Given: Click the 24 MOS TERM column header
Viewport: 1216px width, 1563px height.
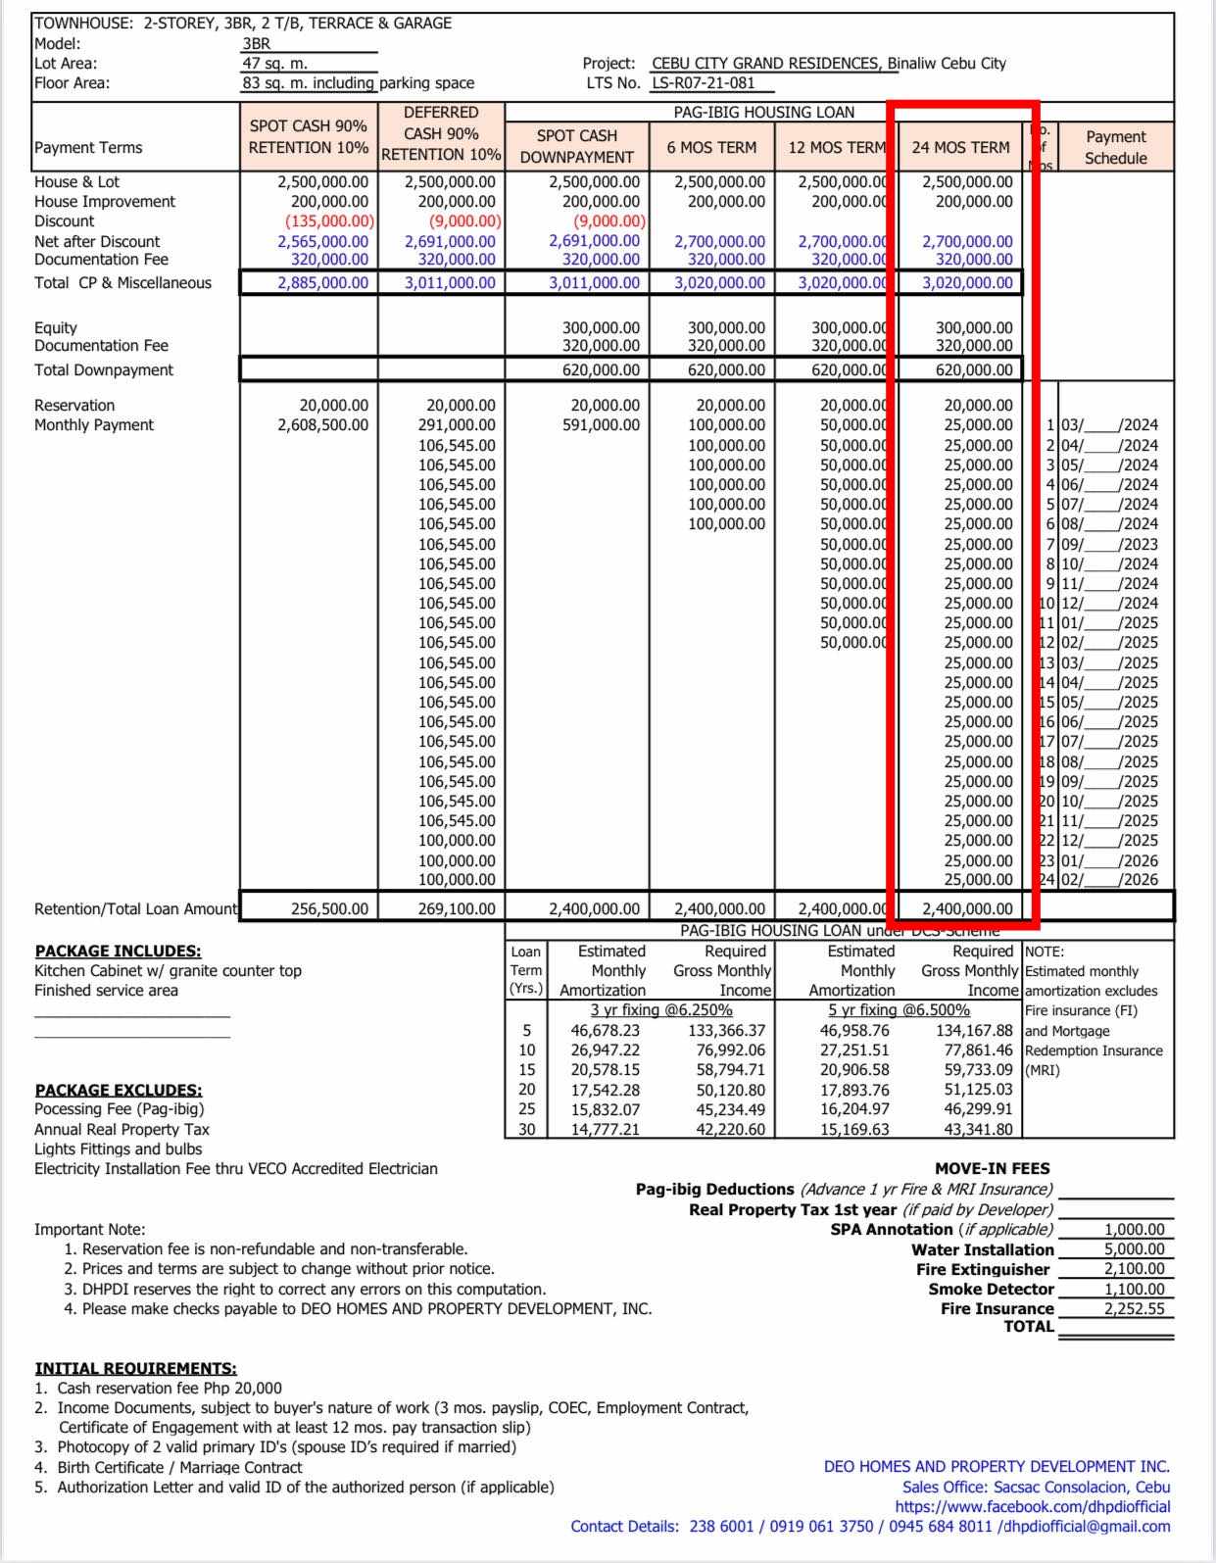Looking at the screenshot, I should (960, 147).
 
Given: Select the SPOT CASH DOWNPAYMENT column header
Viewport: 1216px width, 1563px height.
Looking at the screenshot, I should (577, 146).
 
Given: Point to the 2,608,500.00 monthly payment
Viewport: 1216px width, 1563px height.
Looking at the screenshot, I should (322, 425).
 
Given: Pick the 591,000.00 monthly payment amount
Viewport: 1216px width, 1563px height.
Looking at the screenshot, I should (601, 425).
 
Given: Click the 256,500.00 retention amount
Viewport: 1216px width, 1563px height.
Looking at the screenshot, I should (329, 908).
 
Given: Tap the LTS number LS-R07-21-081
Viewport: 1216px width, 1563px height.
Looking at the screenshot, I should (704, 83).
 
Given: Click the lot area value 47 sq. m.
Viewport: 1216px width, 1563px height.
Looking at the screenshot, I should (275, 64).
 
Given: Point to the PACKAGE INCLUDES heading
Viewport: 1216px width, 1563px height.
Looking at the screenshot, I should (118, 951).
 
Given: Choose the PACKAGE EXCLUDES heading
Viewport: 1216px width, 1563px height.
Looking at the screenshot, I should (119, 1090).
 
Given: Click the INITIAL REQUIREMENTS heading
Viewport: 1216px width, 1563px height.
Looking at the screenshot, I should (135, 1368).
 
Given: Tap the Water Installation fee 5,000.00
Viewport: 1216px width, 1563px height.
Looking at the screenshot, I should (1134, 1249).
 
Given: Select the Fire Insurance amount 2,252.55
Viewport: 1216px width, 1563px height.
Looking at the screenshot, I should (1134, 1309).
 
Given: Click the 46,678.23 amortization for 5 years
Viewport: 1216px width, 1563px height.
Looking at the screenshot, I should (605, 1031).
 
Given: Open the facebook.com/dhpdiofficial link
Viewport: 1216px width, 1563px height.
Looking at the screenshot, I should (1032, 1506).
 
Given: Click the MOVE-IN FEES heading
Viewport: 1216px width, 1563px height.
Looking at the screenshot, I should (992, 1168).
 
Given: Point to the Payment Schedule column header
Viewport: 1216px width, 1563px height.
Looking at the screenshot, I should (1115, 147).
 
